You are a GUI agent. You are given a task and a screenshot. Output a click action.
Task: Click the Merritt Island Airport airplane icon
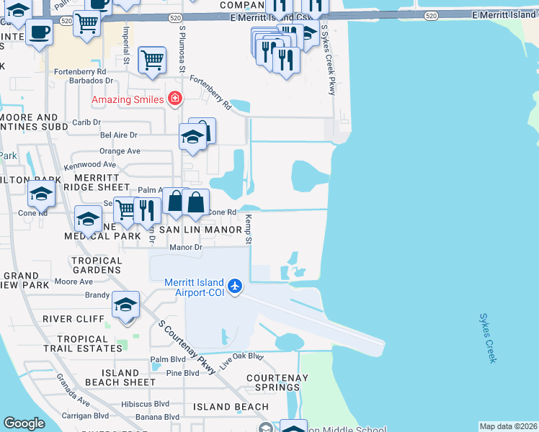(x=235, y=287)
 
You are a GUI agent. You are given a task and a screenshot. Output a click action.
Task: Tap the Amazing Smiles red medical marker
(x=174, y=99)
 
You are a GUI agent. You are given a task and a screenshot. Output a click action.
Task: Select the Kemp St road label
(x=247, y=229)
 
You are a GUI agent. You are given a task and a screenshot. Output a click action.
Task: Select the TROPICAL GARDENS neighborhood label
(x=97, y=265)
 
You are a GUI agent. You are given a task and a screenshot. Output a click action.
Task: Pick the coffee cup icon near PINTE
(x=39, y=32)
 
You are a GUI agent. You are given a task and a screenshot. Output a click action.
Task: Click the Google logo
(x=24, y=423)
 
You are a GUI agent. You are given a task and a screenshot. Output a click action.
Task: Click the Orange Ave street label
(x=120, y=151)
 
